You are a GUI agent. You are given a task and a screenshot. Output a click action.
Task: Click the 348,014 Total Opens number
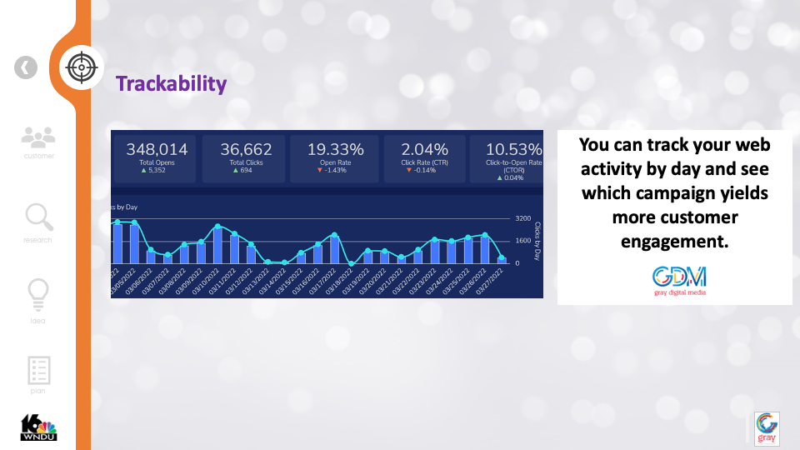tap(157, 149)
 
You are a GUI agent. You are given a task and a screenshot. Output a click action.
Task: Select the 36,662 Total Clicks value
tap(246, 149)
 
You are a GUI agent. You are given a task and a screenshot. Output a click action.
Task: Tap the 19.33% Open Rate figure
tap(335, 149)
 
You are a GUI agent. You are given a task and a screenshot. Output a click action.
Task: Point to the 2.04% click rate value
tap(425, 149)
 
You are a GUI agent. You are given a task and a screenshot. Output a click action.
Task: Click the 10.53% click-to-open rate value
tap(513, 149)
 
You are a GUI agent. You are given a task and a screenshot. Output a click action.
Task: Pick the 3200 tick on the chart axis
tap(523, 218)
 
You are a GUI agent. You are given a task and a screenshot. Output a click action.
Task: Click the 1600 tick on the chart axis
tap(523, 241)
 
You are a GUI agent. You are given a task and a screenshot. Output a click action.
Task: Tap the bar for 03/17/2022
tap(334, 249)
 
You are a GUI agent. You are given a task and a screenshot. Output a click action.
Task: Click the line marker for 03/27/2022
tap(502, 259)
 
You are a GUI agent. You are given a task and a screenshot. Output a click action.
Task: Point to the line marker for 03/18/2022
tap(351, 263)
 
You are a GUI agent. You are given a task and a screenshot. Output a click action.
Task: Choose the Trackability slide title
tap(171, 83)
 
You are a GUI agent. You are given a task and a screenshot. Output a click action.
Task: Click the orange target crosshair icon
tap(81, 67)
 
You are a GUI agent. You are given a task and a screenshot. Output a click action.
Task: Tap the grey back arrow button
tap(26, 67)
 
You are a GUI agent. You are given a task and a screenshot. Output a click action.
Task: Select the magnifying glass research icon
tap(38, 218)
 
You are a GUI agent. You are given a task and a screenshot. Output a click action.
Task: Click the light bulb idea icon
tap(38, 293)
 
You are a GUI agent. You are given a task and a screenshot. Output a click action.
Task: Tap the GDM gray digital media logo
tap(679, 280)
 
